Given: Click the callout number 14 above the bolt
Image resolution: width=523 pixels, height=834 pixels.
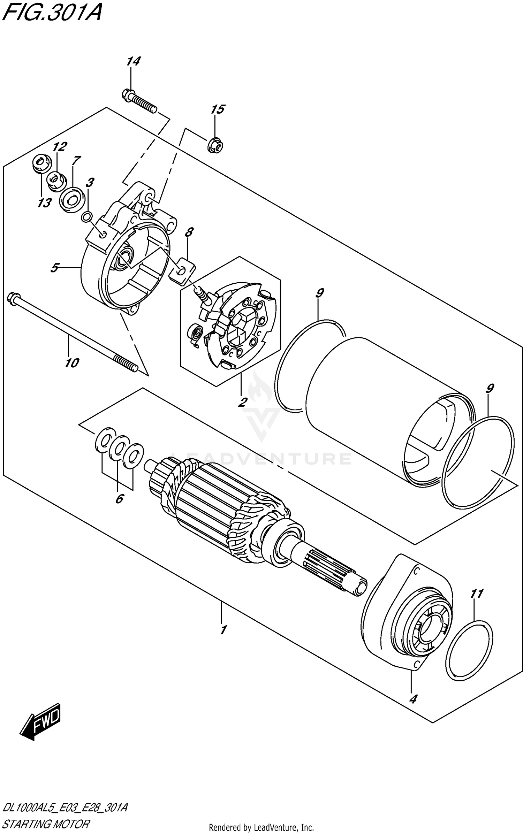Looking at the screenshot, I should (x=133, y=62).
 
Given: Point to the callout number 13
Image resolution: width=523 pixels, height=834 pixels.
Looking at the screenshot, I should (x=44, y=202).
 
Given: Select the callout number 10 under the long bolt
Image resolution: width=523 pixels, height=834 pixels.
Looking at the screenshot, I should (x=72, y=363).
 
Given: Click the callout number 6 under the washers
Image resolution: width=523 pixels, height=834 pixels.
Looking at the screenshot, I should (x=119, y=499).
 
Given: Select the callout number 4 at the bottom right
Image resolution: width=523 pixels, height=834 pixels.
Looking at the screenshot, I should (x=413, y=699).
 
